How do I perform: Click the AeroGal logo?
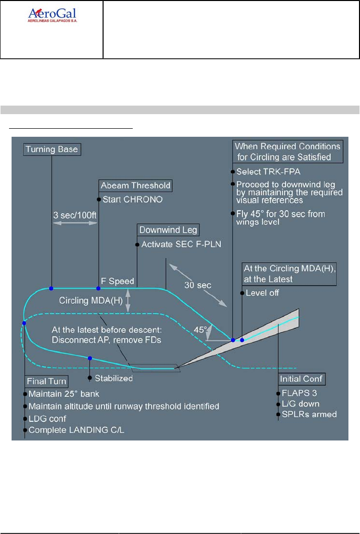(52, 16)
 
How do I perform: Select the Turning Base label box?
(51, 149)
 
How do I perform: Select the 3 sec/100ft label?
(74, 214)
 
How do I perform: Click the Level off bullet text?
(262, 293)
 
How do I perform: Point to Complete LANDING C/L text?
(74, 430)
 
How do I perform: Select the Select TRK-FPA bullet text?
(265, 171)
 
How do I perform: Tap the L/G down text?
(300, 404)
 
